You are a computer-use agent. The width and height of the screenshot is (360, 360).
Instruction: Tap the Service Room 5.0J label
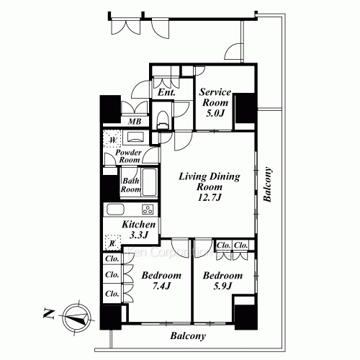(215, 103)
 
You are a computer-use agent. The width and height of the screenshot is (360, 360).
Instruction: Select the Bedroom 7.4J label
(156, 281)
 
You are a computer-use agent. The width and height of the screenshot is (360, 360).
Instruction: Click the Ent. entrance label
(167, 92)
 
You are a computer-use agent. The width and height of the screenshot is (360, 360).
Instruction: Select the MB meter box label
(135, 122)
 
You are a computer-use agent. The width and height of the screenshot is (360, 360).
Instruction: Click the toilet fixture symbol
(162, 115)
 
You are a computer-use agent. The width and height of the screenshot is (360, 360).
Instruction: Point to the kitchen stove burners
(147, 210)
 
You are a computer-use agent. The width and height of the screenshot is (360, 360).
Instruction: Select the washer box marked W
(112, 140)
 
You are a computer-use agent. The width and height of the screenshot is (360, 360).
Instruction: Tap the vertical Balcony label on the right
(267, 186)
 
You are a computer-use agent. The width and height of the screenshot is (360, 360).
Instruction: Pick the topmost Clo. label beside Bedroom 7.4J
(112, 259)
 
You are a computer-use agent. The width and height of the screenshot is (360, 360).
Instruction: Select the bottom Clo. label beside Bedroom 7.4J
(112, 294)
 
